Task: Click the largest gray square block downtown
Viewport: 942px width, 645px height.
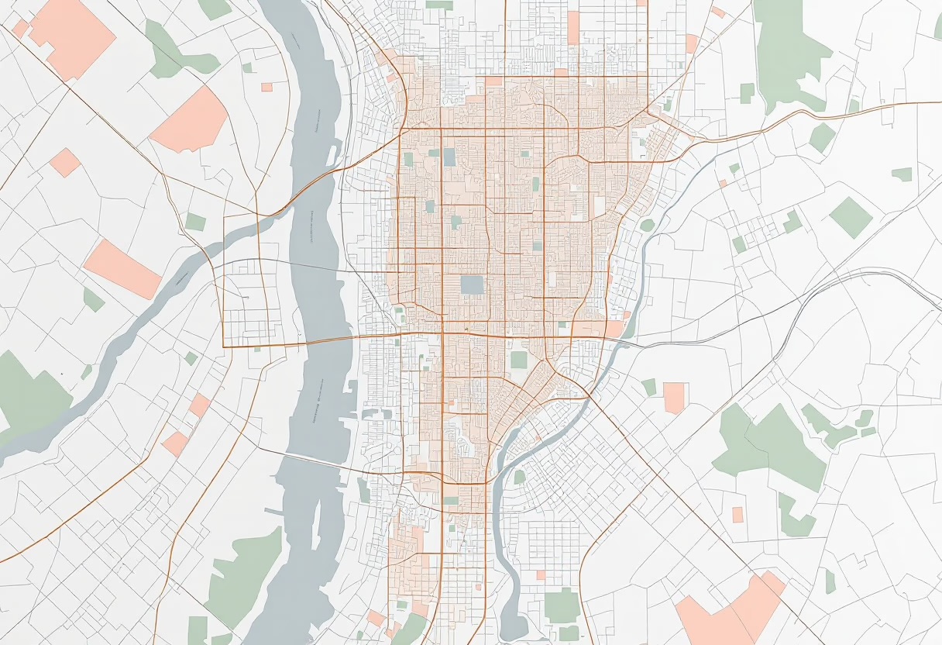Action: pos(472,285)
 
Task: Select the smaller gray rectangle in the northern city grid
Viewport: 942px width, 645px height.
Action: pos(449,157)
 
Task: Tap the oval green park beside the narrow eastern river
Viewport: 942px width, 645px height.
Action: pos(647,226)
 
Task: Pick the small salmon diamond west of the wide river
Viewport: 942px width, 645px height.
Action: pos(65,163)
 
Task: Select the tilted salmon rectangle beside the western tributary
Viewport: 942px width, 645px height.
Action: pos(122,269)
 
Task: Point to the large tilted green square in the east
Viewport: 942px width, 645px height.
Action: pos(851,217)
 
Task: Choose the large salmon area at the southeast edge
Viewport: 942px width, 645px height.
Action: pos(732,612)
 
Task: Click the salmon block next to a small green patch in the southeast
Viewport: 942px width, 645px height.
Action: pos(674,397)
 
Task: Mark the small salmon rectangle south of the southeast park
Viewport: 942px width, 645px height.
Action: pos(737,514)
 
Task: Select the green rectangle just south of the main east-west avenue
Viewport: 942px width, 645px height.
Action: pos(518,360)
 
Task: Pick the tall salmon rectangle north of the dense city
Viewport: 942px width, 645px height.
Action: pos(573,28)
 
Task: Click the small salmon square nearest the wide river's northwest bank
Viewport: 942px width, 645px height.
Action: pos(266,87)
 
